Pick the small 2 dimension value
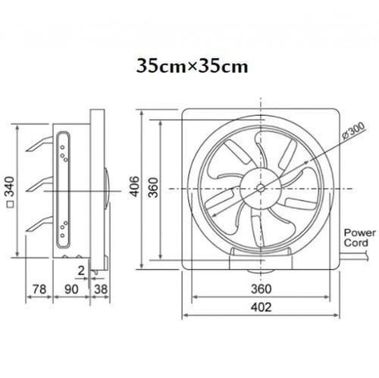tap(81, 269)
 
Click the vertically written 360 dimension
tap(152, 187)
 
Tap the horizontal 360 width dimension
tap(260, 288)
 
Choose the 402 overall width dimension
tap(260, 308)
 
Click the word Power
tap(356, 233)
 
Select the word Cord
tap(356, 243)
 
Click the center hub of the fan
tap(261, 186)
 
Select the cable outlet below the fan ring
tap(261, 261)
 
